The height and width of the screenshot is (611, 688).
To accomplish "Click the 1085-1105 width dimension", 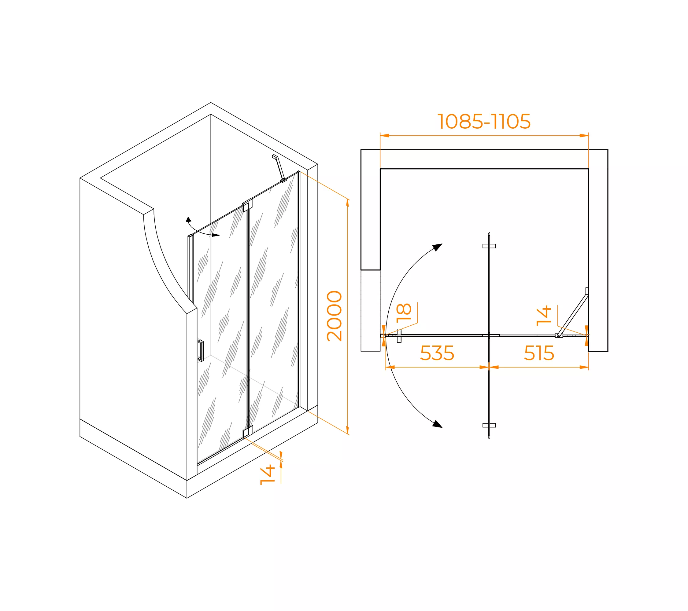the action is click(484, 121).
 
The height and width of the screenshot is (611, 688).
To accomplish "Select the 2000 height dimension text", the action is click(335, 316).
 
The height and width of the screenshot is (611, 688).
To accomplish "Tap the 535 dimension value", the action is click(437, 353).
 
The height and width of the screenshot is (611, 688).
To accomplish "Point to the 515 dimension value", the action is click(539, 353).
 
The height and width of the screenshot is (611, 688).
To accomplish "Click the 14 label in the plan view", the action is click(544, 316).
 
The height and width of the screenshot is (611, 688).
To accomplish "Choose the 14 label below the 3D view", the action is click(268, 474).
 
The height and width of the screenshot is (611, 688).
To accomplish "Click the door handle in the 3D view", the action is click(201, 351).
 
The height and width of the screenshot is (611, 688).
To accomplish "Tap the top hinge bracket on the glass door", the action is click(248, 205).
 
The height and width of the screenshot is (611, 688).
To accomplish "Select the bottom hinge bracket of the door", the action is click(248, 432).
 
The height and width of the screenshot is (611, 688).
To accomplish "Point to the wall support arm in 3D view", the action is click(279, 168).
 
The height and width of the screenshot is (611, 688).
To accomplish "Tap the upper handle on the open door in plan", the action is click(489, 246).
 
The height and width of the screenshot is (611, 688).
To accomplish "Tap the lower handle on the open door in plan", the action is click(489, 425).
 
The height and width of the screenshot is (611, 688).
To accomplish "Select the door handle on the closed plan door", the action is click(399, 336).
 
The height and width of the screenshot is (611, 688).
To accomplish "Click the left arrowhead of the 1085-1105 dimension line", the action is click(385, 136).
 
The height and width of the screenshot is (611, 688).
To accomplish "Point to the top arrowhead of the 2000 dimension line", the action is click(347, 203).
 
